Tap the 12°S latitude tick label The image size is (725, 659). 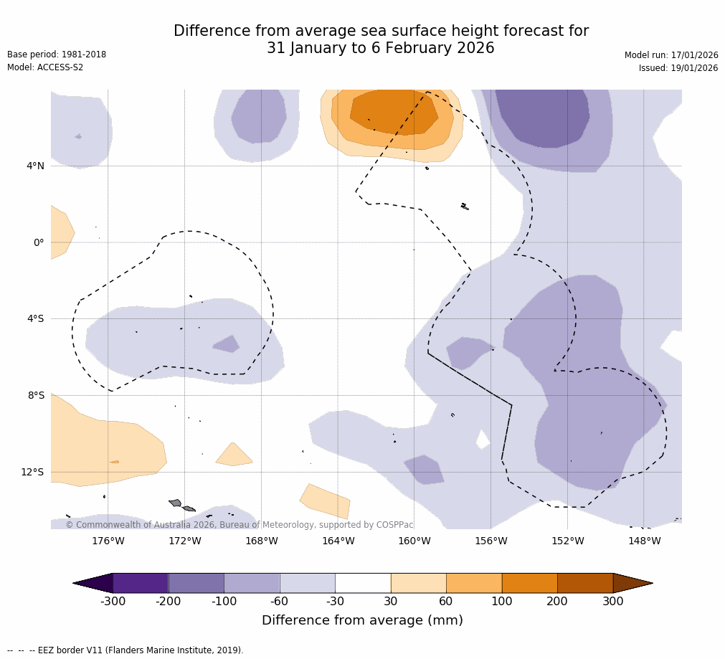[x=32, y=472]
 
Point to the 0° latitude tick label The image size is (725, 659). [x=39, y=242]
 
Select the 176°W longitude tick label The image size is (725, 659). [x=108, y=541]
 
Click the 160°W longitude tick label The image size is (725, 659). [x=414, y=541]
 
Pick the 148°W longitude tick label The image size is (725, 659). [x=644, y=541]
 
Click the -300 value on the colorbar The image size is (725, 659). [x=113, y=601]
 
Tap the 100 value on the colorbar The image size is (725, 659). [x=502, y=601]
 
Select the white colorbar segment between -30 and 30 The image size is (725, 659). [x=363, y=583]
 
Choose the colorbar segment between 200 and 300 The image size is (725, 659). [x=585, y=583]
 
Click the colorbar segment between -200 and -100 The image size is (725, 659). [x=196, y=583]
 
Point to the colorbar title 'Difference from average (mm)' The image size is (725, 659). [x=362, y=620]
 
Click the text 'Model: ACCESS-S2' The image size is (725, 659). [x=45, y=67]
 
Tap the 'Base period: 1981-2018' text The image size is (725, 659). [x=57, y=54]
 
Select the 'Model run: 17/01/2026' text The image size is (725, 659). [x=671, y=55]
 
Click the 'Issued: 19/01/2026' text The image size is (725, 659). [x=678, y=68]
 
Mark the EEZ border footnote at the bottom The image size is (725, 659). [x=125, y=650]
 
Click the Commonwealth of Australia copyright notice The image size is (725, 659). [x=240, y=525]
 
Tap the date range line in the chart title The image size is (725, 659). [x=381, y=48]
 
